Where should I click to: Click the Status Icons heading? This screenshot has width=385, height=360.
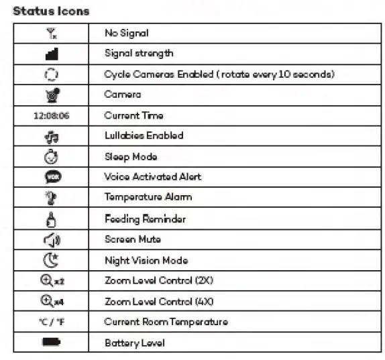click(51, 11)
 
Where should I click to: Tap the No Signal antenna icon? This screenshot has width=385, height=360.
click(51, 33)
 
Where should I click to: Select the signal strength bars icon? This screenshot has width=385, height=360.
click(51, 53)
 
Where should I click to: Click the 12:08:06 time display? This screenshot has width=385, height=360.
click(51, 115)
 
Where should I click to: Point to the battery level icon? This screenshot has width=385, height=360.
click(51, 343)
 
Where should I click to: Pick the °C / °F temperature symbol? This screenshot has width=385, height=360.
click(51, 322)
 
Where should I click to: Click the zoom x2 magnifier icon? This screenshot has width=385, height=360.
click(51, 281)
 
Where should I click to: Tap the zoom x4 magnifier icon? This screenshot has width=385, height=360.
click(51, 301)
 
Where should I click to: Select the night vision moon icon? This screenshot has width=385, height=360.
click(51, 260)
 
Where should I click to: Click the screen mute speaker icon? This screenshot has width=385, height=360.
click(51, 239)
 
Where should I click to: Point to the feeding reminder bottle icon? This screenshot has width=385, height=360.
click(51, 219)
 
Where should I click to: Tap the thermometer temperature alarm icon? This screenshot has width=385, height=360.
click(51, 198)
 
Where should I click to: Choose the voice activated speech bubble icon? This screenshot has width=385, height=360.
click(51, 177)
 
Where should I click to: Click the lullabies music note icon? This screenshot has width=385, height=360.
click(51, 136)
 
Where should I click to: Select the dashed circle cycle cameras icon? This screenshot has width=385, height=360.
click(51, 74)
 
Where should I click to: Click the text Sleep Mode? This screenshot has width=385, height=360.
click(131, 157)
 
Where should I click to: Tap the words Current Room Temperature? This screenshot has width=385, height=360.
click(166, 322)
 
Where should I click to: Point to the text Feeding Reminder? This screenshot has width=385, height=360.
click(145, 219)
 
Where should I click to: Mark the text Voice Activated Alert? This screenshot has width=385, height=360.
click(152, 177)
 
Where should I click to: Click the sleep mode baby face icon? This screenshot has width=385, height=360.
click(51, 157)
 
